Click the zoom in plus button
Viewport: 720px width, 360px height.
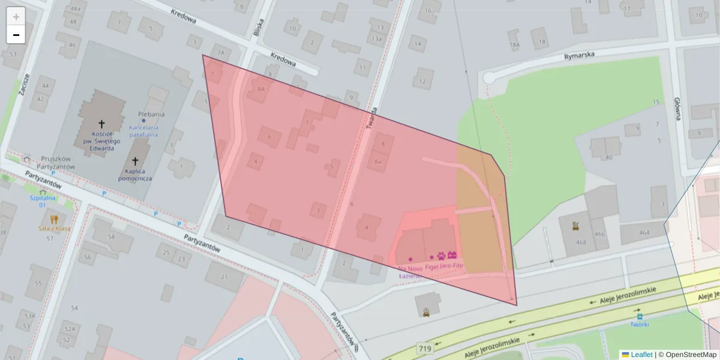16,17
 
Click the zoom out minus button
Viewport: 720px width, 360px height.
16,35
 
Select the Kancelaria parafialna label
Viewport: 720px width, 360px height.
143,130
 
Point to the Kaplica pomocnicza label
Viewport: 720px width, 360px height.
135,174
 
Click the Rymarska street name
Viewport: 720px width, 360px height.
579,55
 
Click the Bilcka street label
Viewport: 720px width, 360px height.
258,26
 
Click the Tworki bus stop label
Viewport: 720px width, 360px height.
639,325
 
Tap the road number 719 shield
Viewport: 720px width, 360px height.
425,348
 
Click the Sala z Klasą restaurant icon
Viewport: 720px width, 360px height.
54,219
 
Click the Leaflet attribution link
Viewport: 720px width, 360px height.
641,355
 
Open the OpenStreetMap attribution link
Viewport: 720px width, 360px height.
691,355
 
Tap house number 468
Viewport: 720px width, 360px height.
580,242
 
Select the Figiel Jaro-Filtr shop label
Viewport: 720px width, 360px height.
445,265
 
